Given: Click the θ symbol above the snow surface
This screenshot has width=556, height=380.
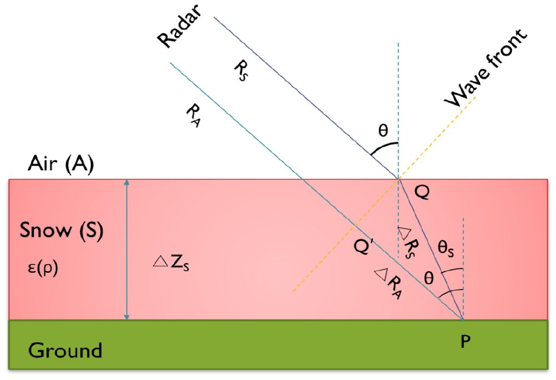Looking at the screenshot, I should pyautogui.click(x=383, y=131).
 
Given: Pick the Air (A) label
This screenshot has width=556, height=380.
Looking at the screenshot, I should pyautogui.click(x=61, y=164).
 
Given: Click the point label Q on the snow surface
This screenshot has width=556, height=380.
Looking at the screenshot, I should pyautogui.click(x=422, y=193).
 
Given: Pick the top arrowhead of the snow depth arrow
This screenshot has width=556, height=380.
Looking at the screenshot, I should pyautogui.click(x=127, y=182).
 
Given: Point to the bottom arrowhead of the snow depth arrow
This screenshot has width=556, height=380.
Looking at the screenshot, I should pyautogui.click(x=127, y=316).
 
